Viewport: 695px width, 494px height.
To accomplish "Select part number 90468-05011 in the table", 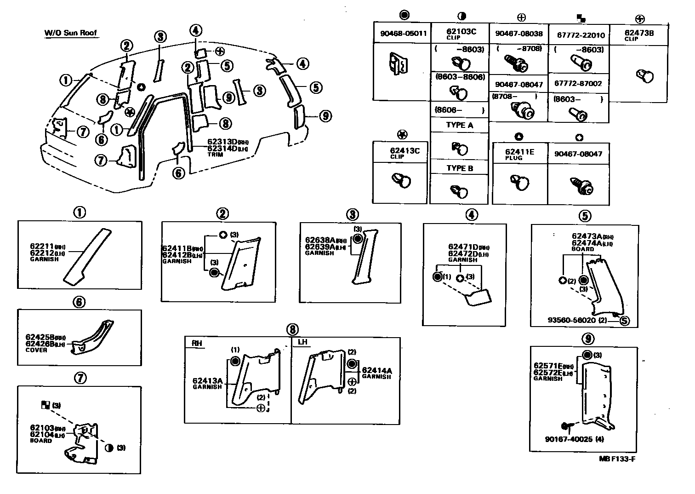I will click(403, 34).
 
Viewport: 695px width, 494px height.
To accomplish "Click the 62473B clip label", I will click(639, 33).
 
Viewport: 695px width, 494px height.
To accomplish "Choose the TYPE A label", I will click(459, 125).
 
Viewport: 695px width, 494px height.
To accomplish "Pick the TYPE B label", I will click(459, 168).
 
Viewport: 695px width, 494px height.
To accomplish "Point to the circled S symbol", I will click(624, 321).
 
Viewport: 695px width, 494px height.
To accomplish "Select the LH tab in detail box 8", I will click(302, 343).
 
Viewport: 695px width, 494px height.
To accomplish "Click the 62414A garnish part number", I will click(377, 370).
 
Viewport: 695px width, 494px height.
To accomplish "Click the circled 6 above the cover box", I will click(79, 302).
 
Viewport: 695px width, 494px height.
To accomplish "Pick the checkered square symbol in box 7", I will click(46, 405).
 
